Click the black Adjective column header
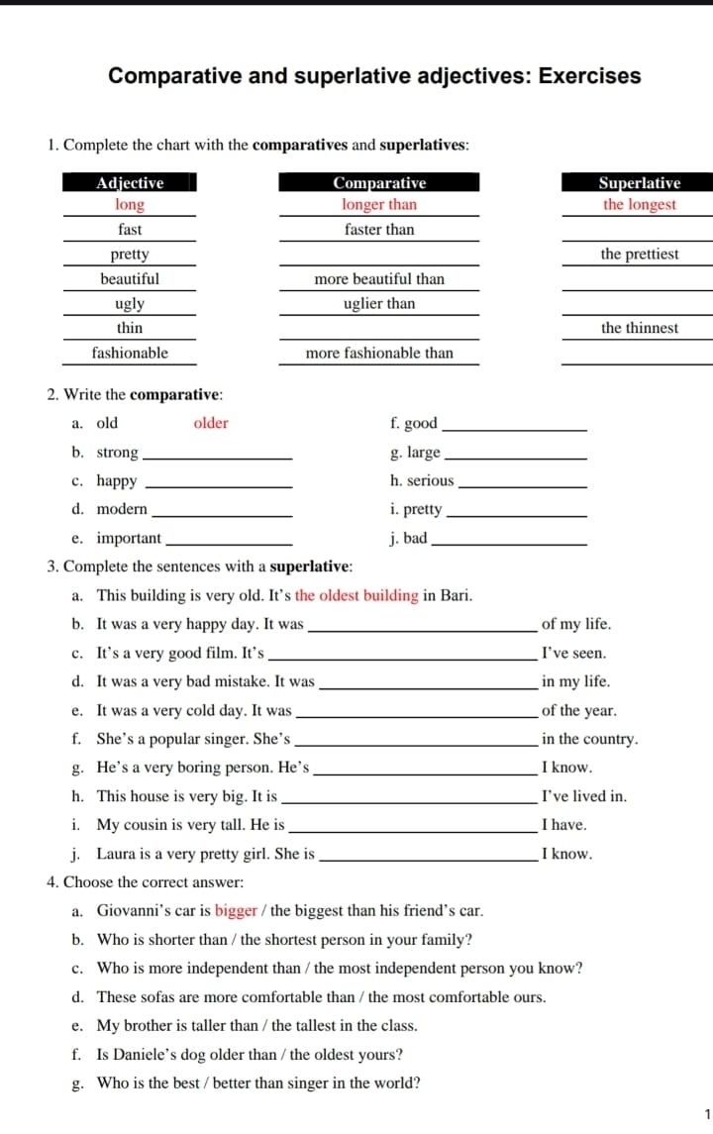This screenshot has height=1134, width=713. (130, 182)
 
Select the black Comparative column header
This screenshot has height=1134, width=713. (379, 182)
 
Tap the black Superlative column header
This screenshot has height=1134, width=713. (639, 182)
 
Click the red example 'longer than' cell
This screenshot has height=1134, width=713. (379, 205)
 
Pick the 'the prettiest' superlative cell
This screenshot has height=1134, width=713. (640, 255)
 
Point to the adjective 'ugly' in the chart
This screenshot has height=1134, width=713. (130, 304)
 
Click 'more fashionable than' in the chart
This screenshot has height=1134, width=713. (379, 353)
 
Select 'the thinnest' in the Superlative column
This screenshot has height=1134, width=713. (640, 328)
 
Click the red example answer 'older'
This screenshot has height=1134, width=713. (211, 424)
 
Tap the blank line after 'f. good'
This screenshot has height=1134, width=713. (513, 427)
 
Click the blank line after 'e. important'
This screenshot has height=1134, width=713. (232, 542)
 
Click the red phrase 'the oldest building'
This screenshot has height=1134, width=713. (356, 596)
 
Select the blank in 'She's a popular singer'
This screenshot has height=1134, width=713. (416, 742)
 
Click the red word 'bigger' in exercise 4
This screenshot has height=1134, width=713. (236, 910)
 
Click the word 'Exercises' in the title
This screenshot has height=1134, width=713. (589, 76)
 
